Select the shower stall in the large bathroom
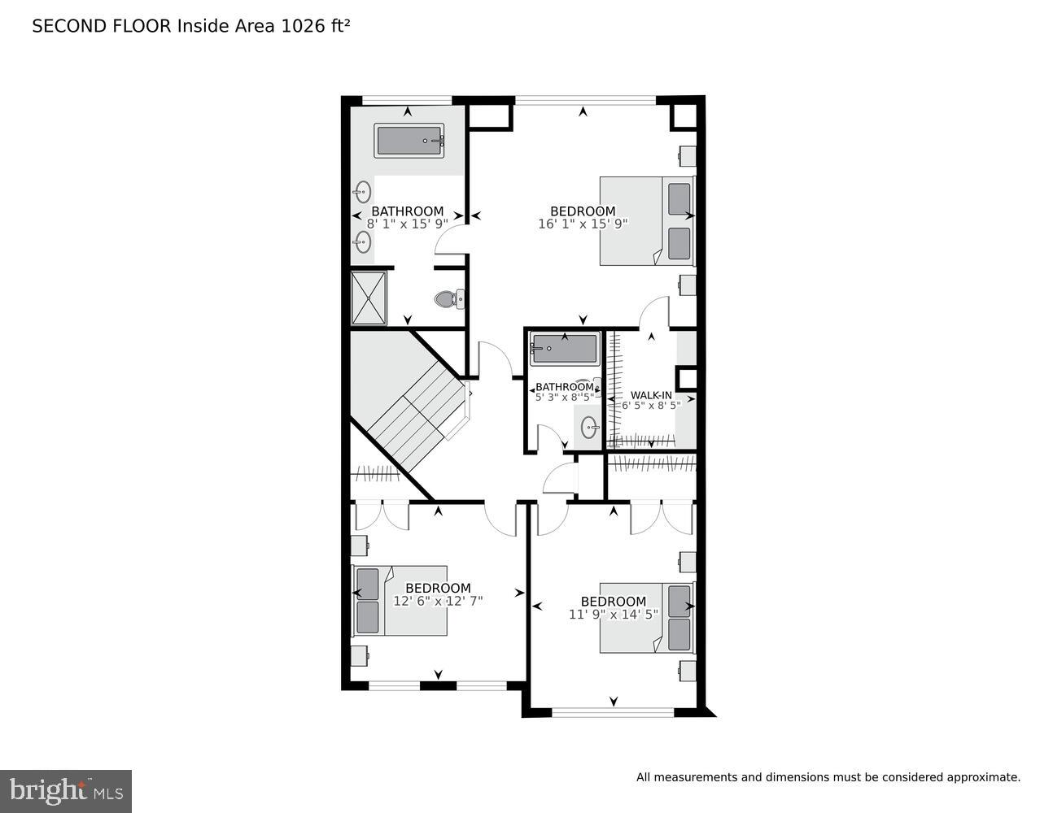pyautogui.click(x=369, y=298)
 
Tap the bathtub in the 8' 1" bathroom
pyautogui.click(x=409, y=141)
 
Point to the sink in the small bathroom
pyautogui.click(x=589, y=427)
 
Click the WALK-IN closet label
pyautogui.click(x=651, y=395)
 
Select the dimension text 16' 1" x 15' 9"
pyautogui.click(x=583, y=224)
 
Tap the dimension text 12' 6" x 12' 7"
pyautogui.click(x=438, y=602)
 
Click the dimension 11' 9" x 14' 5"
pyautogui.click(x=613, y=615)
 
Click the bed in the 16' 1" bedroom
pyautogui.click(x=647, y=220)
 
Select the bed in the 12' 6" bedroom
pyautogui.click(x=400, y=601)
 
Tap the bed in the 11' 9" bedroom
pyautogui.click(x=647, y=617)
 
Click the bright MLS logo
pyautogui.click(x=65, y=791)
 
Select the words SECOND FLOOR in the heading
pyautogui.click(x=102, y=26)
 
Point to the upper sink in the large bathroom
pyautogui.click(x=363, y=193)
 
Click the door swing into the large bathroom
pyautogui.click(x=450, y=238)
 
